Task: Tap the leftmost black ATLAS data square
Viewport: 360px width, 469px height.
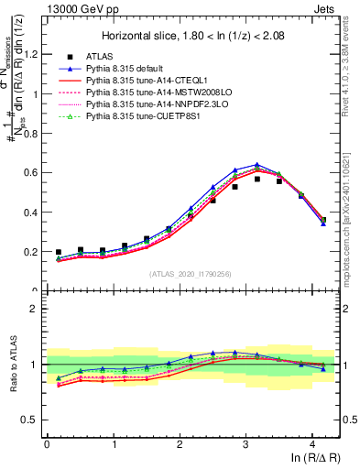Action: point(59,252)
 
